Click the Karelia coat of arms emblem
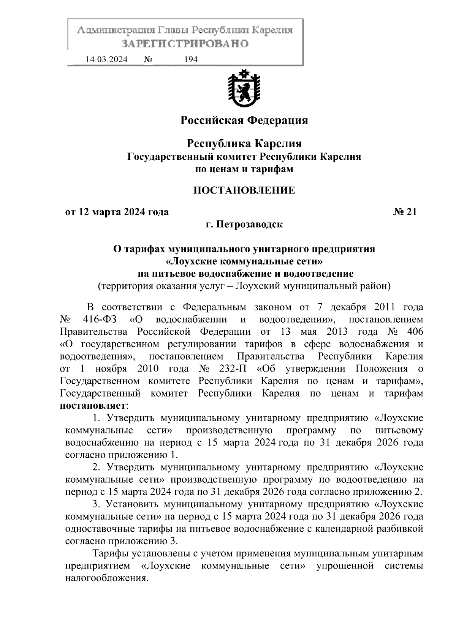pos(244,88)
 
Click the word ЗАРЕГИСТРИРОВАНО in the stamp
pos(185,44)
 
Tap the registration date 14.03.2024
pos(106,60)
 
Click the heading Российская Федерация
pos(244,121)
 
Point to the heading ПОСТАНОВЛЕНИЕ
pos(244,190)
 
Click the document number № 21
pos(405,212)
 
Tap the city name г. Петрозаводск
pos(244,224)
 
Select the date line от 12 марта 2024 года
pos(117,212)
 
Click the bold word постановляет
pos(93,406)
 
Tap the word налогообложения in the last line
pos(106,578)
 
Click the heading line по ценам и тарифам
pos(244,169)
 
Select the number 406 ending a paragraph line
pos(414,332)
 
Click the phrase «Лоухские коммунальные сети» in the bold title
pos(244,261)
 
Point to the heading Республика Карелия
pos(244,144)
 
